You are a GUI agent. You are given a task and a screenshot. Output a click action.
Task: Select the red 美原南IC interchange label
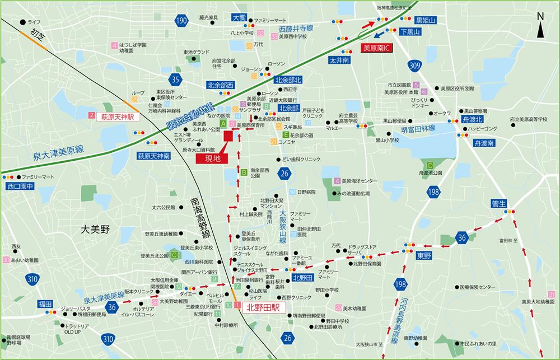pyautogui.click(x=377, y=49)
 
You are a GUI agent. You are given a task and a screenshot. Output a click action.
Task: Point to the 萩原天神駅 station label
pyautogui.click(x=118, y=117)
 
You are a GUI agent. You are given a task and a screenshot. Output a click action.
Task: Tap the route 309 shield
pyautogui.click(x=414, y=66)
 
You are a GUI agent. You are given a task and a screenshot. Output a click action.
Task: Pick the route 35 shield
pyautogui.click(x=176, y=79)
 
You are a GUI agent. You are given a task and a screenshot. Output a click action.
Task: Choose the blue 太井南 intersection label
pyautogui.click(x=339, y=59)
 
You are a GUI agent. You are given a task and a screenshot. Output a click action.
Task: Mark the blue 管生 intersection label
pyautogui.click(x=498, y=203)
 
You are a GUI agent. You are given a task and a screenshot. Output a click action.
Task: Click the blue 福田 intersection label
pyautogui.click(x=45, y=303)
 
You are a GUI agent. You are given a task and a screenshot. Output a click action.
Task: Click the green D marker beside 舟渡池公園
pyautogui.click(x=430, y=165)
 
